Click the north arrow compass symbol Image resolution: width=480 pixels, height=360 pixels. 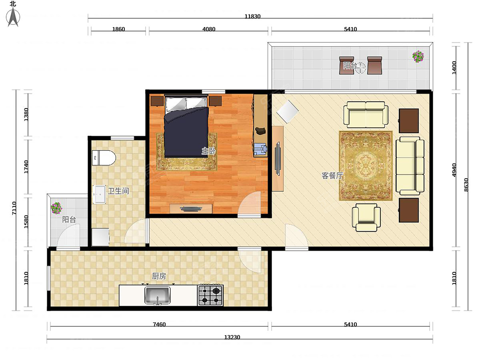pyautogui.click(x=13, y=17)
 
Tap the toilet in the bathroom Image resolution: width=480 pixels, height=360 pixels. pyautogui.click(x=104, y=157)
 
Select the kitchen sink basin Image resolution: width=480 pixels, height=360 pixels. pyautogui.click(x=157, y=295)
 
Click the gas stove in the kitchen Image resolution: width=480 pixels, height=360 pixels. pyautogui.click(x=210, y=295)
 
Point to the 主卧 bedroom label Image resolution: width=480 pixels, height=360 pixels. pyautogui.click(x=208, y=151)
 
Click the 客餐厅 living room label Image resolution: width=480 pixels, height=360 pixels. pyautogui.click(x=332, y=176)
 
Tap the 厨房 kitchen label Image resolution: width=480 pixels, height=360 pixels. pyautogui.click(x=159, y=276)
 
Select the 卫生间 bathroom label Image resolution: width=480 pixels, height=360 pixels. pyautogui.click(x=118, y=191)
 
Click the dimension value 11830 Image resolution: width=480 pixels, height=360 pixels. pyautogui.click(x=252, y=16)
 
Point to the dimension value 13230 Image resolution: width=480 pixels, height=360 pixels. pyautogui.click(x=232, y=337)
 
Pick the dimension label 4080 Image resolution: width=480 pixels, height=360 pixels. pyautogui.click(x=209, y=29)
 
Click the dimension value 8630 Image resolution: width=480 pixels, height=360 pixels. pyautogui.click(x=466, y=185)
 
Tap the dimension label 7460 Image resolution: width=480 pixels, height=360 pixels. pyautogui.click(x=159, y=324)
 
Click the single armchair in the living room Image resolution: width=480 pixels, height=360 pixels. pyautogui.click(x=366, y=217)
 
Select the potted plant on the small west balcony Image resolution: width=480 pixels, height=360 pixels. pyautogui.click(x=56, y=208)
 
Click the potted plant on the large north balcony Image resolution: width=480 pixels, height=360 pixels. pyautogui.click(x=418, y=56)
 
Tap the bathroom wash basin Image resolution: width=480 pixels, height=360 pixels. pyautogui.click(x=100, y=194)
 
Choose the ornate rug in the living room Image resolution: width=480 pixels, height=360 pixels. pyautogui.click(x=366, y=166)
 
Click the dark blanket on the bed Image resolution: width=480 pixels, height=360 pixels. pyautogui.click(x=186, y=132)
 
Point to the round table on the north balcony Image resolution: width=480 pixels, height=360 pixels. pyautogui.click(x=360, y=68)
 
